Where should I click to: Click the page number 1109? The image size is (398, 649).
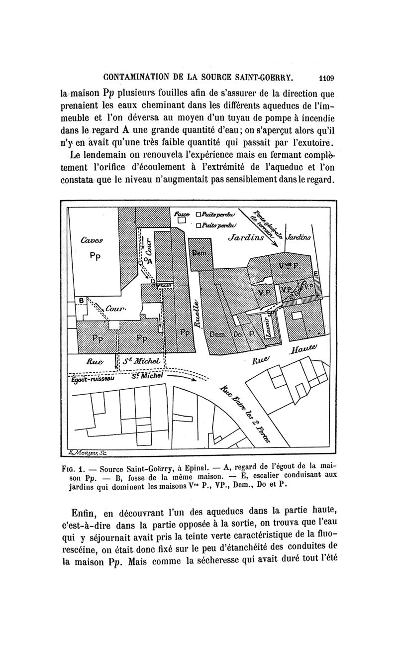pos(326,78)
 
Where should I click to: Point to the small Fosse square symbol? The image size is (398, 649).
pos(182,220)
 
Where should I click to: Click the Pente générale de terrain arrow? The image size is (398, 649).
pos(263,227)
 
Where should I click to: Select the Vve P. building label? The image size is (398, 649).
pos(289,264)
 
